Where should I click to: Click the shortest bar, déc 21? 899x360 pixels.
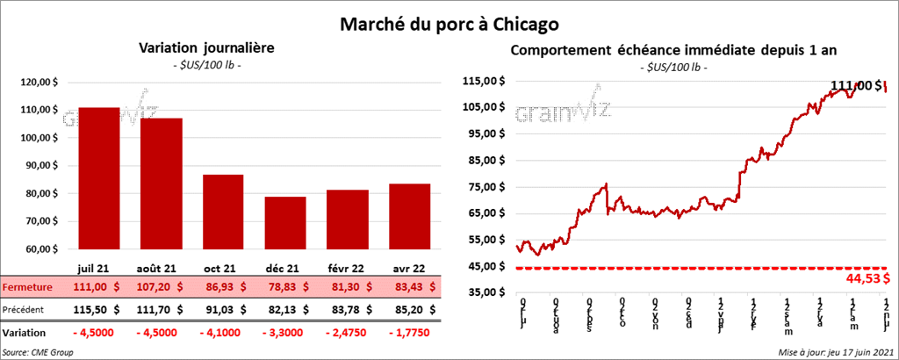click(285, 224)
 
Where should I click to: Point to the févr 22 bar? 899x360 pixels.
click(348, 220)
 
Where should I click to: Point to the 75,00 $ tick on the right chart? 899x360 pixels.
click(482, 186)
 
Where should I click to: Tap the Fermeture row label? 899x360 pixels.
click(28, 287)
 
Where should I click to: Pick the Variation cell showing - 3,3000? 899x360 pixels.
click(285, 334)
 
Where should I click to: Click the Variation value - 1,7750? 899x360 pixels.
click(410, 334)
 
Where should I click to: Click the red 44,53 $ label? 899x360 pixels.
click(867, 278)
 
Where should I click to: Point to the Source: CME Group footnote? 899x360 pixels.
click(38, 352)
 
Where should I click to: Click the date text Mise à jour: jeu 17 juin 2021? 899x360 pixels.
click(834, 352)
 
